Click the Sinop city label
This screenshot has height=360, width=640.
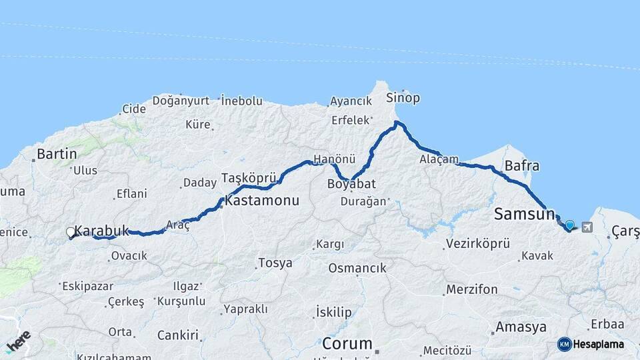pyautogui.click(x=403, y=98)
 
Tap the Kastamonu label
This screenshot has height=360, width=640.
pyautogui.click(x=262, y=200)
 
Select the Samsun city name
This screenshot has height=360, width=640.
pyautogui.click(x=525, y=214)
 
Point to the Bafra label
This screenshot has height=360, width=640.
pyautogui.click(x=522, y=166)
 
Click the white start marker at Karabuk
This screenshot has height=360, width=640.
pyautogui.click(x=71, y=232)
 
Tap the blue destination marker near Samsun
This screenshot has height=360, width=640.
pyautogui.click(x=569, y=226)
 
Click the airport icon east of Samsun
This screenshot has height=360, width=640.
pyautogui.click(x=587, y=227)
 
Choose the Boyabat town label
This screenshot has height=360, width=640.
pyautogui.click(x=352, y=183)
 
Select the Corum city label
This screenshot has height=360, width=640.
pyautogui.click(x=347, y=344)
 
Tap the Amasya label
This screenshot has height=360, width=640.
pyautogui.click(x=521, y=327)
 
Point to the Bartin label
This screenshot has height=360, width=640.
pyautogui.click(x=57, y=154)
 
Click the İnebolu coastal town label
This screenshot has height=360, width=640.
pyautogui.click(x=241, y=100)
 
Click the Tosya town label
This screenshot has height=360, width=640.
pyautogui.click(x=275, y=263)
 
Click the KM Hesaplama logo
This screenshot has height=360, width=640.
pyautogui.click(x=591, y=344)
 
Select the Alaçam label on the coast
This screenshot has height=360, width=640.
pyautogui.click(x=439, y=159)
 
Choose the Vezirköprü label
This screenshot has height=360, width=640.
pyautogui.click(x=477, y=243)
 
